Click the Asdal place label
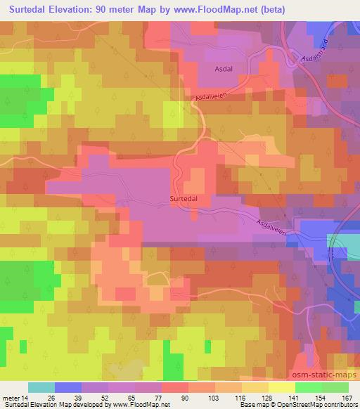(224, 69)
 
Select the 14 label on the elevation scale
(27, 397)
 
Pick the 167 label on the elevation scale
(347, 397)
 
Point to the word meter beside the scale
(12, 397)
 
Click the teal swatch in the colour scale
(41, 387)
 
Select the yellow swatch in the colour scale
(282, 387)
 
